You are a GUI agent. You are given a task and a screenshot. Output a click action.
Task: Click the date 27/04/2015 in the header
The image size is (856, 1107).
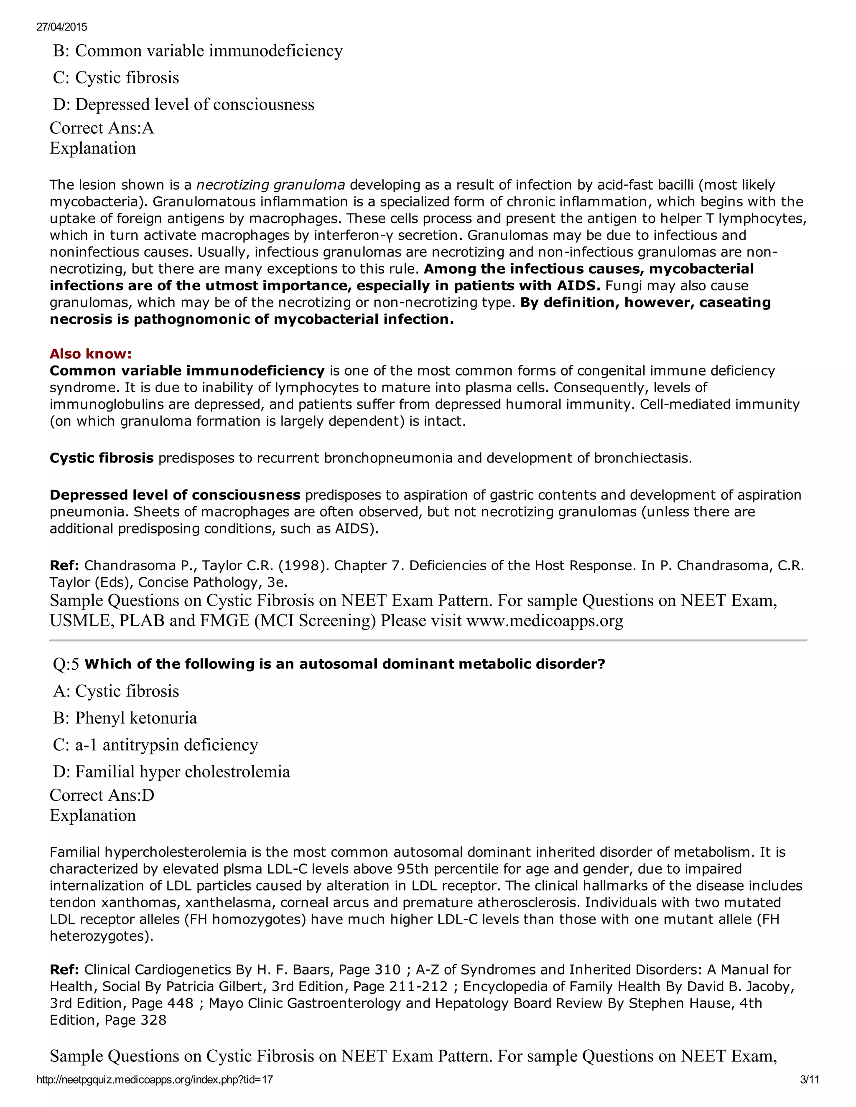click(x=61, y=27)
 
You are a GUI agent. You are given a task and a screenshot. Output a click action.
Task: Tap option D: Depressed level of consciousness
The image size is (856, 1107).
click(x=183, y=105)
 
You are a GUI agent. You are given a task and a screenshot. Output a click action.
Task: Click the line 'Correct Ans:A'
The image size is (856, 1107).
click(x=102, y=128)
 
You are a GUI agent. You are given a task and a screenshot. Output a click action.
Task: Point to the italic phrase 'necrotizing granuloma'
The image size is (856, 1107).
click(x=270, y=185)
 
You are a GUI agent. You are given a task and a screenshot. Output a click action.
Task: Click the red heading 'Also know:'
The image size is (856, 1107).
click(x=90, y=354)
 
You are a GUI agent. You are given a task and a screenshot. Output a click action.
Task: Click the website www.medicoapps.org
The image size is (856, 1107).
click(x=544, y=621)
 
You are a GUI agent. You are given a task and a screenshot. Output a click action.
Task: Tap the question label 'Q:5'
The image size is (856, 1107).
click(x=66, y=665)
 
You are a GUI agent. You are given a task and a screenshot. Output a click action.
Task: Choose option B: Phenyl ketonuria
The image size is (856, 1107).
click(x=125, y=718)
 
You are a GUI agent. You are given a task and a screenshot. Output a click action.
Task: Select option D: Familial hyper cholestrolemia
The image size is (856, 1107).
click(x=171, y=772)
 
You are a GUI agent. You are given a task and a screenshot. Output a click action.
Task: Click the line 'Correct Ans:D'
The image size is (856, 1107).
click(x=102, y=795)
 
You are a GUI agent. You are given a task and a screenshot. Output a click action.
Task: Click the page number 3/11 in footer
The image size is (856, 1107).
click(x=809, y=1079)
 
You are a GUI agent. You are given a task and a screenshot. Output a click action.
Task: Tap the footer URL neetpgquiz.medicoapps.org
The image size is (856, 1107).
click(x=155, y=1079)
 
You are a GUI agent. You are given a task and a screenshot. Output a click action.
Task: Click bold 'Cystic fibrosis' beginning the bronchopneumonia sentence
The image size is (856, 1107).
click(x=102, y=458)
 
